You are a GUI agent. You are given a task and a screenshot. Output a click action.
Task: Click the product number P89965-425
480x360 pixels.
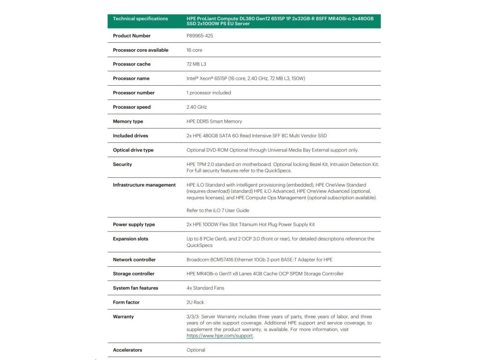tap(200, 36)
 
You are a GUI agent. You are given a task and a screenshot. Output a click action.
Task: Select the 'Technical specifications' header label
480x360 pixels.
tap(140, 19)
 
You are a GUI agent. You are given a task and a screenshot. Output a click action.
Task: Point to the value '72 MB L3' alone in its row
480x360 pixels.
tap(196, 64)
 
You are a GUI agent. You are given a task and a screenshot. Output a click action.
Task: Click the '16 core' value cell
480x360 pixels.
tap(195, 50)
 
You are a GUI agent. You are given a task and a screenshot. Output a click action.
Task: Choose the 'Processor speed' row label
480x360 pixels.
tap(132, 107)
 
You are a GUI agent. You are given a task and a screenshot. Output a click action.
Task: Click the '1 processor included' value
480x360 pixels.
tap(209, 93)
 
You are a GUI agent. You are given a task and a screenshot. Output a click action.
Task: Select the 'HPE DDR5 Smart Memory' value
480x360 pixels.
tap(214, 121)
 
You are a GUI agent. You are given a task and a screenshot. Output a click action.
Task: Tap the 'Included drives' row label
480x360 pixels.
tap(130, 135)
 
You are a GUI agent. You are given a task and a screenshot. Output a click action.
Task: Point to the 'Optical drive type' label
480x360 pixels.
tap(133, 150)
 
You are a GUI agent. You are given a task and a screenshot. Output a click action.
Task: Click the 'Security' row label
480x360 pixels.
tap(122, 164)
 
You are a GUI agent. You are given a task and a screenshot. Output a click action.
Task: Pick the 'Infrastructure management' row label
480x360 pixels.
tap(144, 185)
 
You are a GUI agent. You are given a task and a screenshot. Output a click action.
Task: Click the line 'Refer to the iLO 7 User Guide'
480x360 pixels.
tap(217, 210)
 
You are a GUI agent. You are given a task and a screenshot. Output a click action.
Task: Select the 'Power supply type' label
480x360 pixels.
tap(134, 225)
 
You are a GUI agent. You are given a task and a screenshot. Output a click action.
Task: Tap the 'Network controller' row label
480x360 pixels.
tap(134, 259)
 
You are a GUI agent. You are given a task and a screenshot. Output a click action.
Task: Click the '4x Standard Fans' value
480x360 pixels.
tap(205, 288)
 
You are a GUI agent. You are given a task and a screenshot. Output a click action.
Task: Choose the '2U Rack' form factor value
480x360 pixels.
tap(195, 302)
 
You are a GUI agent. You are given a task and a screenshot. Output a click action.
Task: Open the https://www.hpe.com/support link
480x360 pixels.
tap(220, 336)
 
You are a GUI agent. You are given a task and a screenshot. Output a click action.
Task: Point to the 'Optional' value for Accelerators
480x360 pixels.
tap(196, 350)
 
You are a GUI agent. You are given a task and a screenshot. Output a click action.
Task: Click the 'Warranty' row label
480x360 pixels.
tap(123, 316)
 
